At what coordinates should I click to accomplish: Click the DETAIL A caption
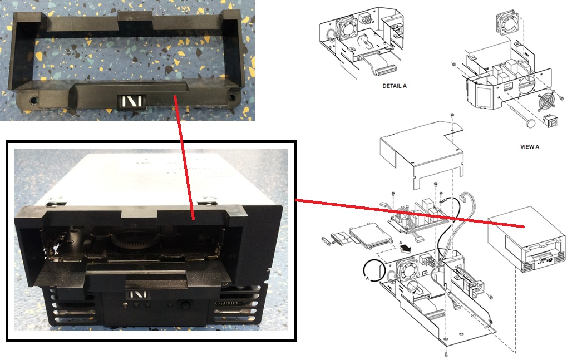pos(394,86)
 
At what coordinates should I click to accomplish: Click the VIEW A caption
pos(529,147)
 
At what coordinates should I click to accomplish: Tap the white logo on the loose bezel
pos(131,101)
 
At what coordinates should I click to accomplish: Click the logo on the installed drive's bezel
pos(137,294)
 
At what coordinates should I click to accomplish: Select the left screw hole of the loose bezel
pos(33,99)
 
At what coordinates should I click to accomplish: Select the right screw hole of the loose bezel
pos(231,97)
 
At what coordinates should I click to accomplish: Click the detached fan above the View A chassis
pos(507,23)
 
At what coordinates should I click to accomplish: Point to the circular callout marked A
pos(374,271)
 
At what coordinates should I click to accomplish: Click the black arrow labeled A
pos(405,248)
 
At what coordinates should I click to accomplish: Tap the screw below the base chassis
pos(446,353)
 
